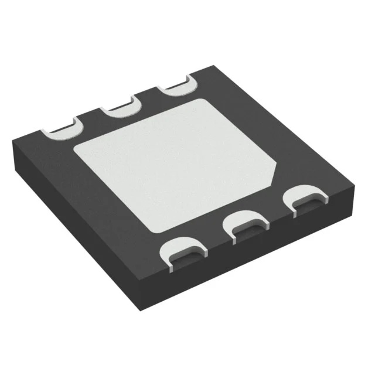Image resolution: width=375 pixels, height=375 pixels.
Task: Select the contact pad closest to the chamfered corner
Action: [x=304, y=199]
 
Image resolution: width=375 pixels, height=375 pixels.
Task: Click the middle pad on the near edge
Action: [x=247, y=224]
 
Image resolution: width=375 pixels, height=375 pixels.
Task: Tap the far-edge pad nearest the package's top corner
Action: [x=175, y=86]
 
